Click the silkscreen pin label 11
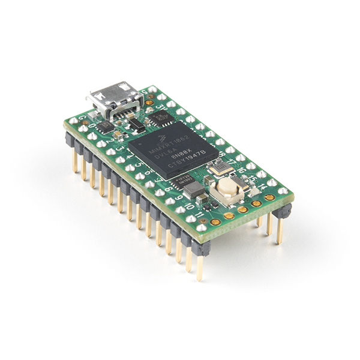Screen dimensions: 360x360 pos(199,211)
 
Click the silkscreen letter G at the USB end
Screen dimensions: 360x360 pos(82,118)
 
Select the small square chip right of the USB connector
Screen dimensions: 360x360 pos(160,118)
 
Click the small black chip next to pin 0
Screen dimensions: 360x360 pos(105,127)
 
